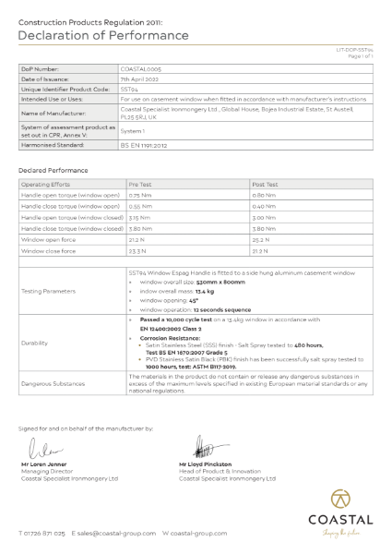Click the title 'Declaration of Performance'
click(x=103, y=36)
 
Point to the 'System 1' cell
click(x=136, y=131)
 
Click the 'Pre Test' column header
click(x=139, y=184)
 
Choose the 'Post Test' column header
click(x=265, y=184)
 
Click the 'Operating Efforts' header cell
click(x=46, y=184)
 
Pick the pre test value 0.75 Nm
click(x=140, y=195)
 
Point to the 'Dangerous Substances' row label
click(x=53, y=383)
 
